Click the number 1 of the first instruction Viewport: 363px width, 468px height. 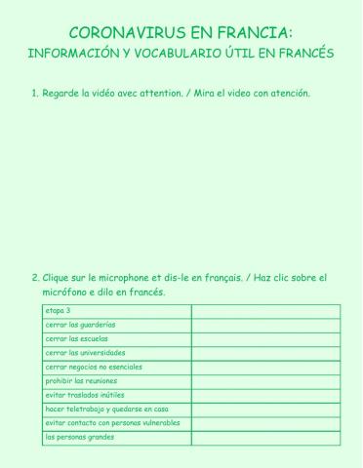pyautogui.click(x=34, y=94)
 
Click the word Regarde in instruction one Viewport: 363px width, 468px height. pyautogui.click(x=63, y=94)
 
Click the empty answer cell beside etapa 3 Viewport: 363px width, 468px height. pyautogui.click(x=265, y=311)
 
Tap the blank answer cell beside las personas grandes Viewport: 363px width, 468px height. pyautogui.click(x=265, y=438)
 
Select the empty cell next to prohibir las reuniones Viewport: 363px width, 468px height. pyautogui.click(x=265, y=381)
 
